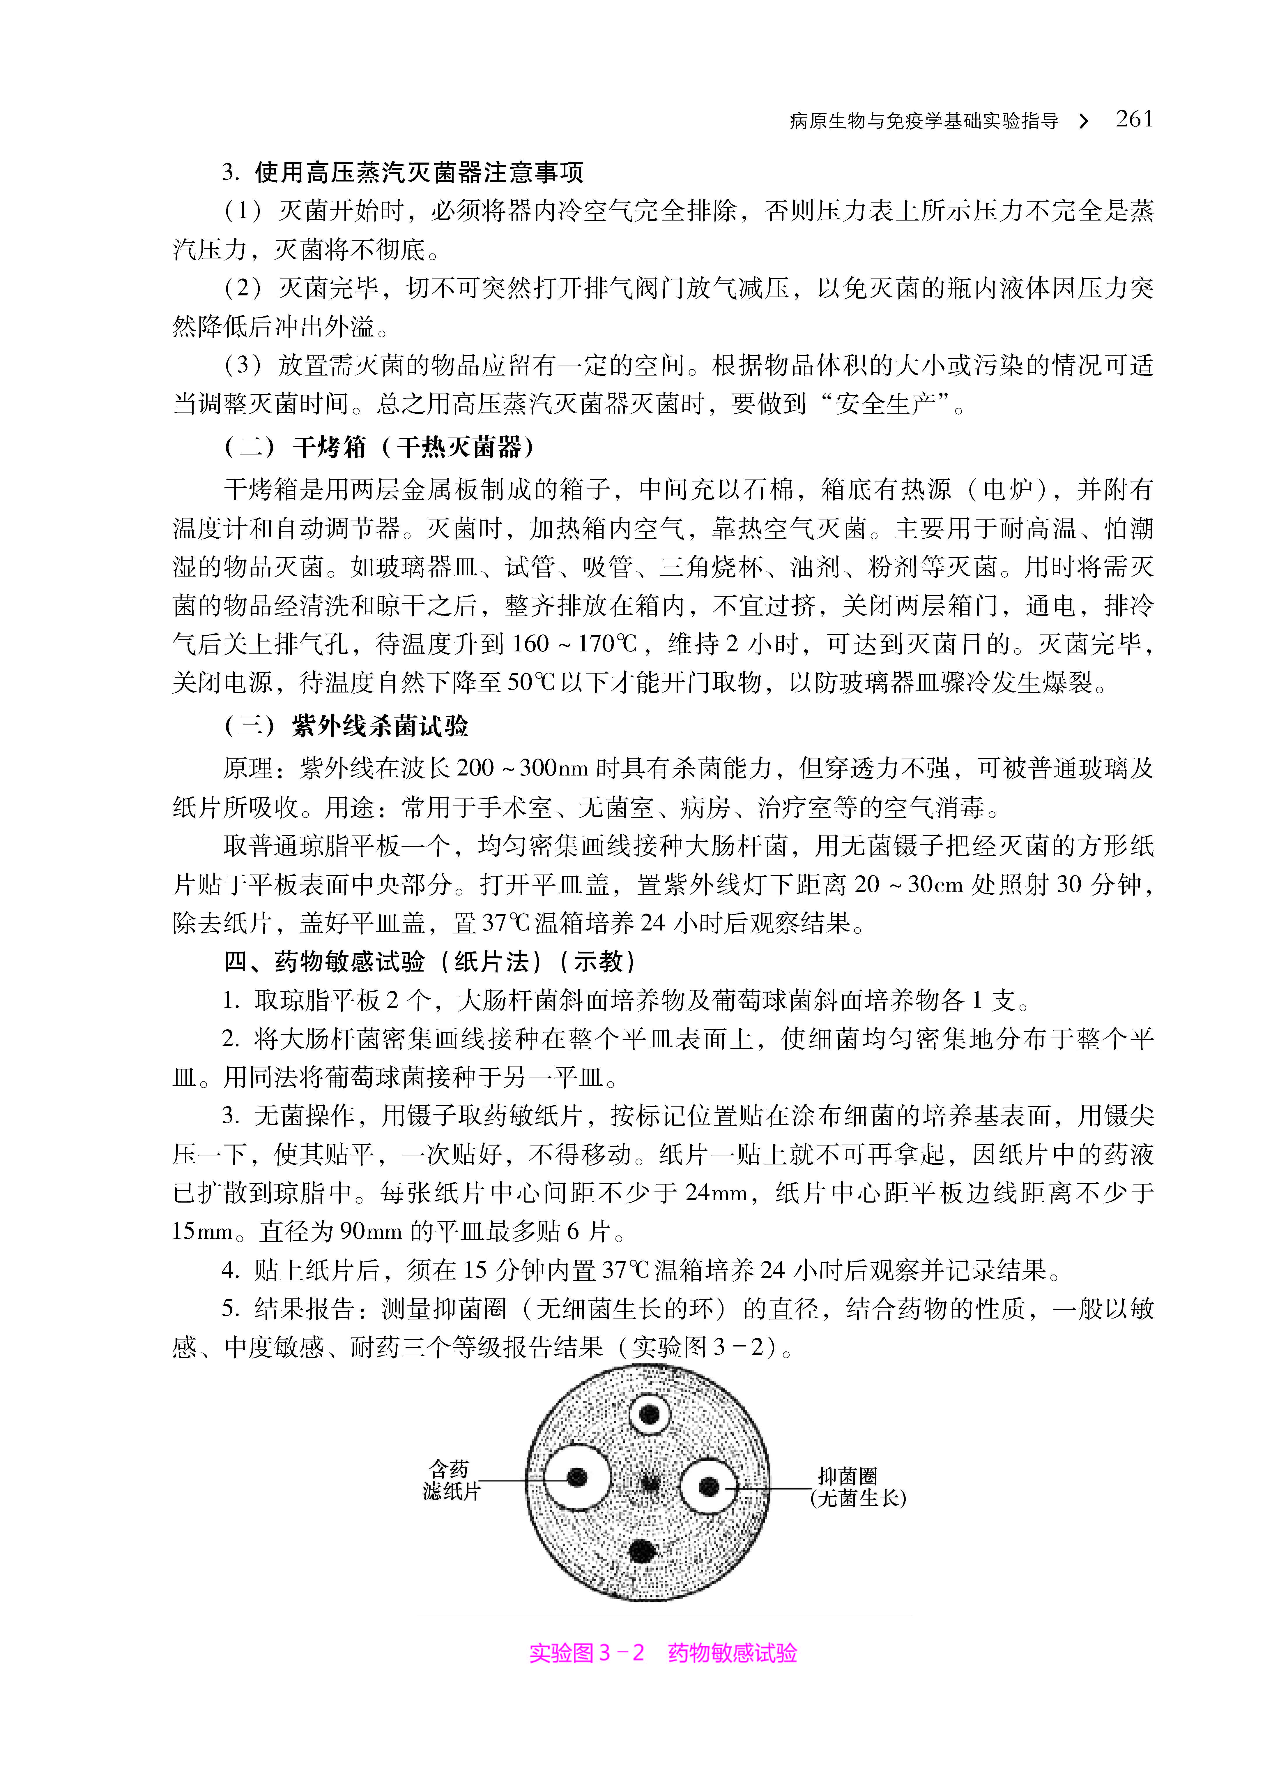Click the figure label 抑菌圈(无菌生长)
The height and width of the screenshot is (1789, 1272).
pos(858,1487)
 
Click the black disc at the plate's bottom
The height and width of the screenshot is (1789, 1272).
pos(641,1551)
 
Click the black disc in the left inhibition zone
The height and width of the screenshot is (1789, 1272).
pos(577,1478)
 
